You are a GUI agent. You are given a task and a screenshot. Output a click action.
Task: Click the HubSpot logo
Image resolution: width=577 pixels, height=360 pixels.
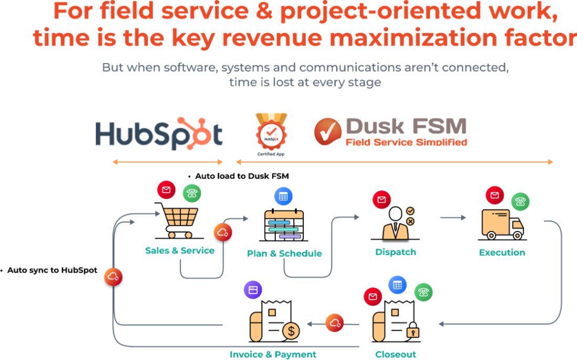(x=158, y=133)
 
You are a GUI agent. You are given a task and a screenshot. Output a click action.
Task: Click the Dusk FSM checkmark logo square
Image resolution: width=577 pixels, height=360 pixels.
(x=328, y=131)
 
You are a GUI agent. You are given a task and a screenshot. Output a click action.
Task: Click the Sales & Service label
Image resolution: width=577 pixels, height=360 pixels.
(x=179, y=251)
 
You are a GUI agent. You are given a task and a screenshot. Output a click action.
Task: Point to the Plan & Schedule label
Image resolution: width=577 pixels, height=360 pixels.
(x=284, y=253)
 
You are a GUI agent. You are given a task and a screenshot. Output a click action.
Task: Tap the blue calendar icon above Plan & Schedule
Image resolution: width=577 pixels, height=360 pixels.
(x=283, y=197)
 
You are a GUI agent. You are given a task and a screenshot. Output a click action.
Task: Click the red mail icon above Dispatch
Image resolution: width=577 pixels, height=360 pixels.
(x=381, y=200)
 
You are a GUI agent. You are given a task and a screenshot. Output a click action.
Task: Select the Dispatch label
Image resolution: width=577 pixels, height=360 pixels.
(x=396, y=252)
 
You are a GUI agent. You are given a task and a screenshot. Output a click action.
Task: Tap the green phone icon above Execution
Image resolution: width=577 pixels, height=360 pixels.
(x=520, y=201)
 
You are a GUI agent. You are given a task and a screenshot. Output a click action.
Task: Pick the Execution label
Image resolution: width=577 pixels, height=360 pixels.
(x=502, y=252)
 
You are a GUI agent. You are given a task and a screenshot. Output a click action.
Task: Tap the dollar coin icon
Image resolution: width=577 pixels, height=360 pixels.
(x=292, y=331)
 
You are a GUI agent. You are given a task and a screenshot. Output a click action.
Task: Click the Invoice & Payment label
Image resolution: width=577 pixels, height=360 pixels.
(x=273, y=355)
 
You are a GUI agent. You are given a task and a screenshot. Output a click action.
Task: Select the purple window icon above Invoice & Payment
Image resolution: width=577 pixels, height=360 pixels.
(x=253, y=290)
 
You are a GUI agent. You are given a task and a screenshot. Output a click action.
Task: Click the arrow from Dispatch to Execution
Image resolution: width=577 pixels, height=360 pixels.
(x=453, y=217)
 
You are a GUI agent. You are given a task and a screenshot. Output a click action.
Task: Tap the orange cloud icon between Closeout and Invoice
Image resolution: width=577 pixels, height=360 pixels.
(x=334, y=323)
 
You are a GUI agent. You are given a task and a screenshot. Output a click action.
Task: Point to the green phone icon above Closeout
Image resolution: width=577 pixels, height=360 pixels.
(x=423, y=292)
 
